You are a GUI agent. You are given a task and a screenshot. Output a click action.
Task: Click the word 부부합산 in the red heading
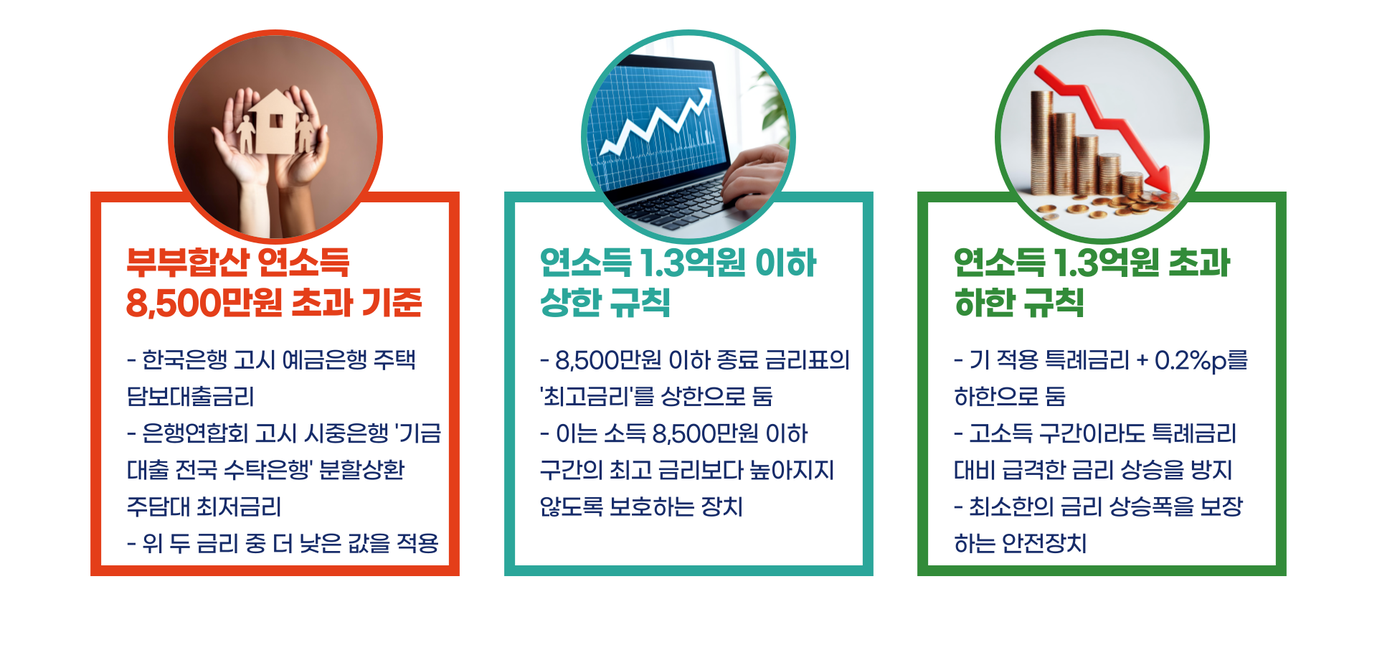pyautogui.click(x=188, y=263)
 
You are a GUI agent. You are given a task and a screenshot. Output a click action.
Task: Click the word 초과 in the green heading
pyautogui.click(x=1200, y=263)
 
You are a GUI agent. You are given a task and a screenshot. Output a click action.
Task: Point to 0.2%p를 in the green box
pyautogui.click(x=1201, y=360)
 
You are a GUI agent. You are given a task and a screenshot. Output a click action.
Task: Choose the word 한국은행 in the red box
pyautogui.click(x=184, y=359)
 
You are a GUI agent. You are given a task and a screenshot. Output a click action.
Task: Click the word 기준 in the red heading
pyautogui.click(x=392, y=303)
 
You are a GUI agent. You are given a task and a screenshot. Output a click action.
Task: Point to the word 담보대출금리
pyautogui.click(x=191, y=397)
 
